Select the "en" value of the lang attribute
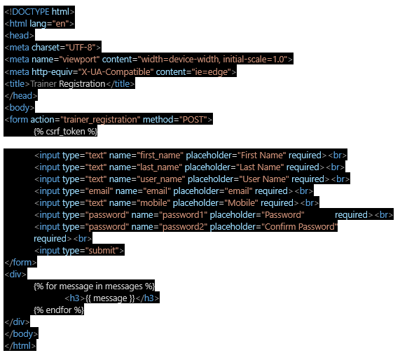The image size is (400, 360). (61, 24)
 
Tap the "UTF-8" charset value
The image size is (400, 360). (81, 48)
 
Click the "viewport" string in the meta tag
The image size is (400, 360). (79, 60)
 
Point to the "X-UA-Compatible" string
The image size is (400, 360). (116, 72)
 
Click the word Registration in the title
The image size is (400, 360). (82, 84)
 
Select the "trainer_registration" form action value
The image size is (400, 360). (100, 120)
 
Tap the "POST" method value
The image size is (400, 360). (193, 120)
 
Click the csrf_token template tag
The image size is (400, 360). (65, 132)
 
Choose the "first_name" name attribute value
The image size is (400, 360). (160, 155)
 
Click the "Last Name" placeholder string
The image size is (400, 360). (260, 167)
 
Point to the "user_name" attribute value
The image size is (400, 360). (161, 179)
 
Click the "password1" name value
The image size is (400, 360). (183, 215)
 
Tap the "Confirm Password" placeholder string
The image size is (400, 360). (300, 227)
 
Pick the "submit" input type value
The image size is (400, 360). (102, 251)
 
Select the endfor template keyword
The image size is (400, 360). (59, 310)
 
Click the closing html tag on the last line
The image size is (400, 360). (20, 346)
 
